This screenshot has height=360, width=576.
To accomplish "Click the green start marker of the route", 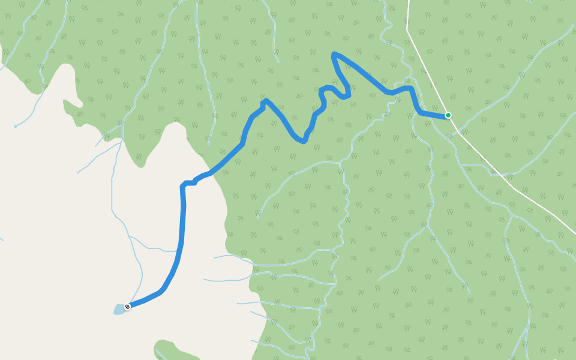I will (448, 115).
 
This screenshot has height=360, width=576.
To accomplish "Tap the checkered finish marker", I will (127, 307).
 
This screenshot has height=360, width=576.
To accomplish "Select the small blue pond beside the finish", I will (118, 310).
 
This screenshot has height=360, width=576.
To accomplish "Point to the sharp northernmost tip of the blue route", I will (333, 55).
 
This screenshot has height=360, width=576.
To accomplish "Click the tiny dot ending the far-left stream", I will (16, 127).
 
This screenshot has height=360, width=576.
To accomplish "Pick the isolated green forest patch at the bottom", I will (174, 351).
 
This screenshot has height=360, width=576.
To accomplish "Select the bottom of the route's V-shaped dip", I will (303, 141).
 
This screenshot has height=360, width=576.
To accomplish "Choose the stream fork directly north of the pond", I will (128, 236).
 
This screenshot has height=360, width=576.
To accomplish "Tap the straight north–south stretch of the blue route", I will (182, 222).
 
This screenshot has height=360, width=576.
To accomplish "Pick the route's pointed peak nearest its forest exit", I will (265, 101).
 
